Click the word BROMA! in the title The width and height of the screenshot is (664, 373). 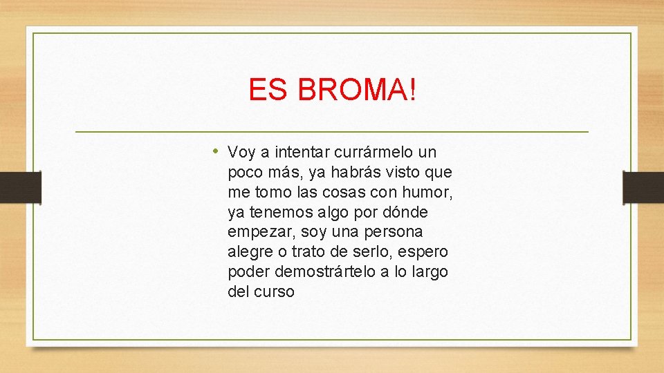(358, 90)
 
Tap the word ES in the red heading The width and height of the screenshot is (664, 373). (268, 90)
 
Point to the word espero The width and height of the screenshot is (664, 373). (425, 251)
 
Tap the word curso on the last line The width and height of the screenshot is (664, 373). (274, 291)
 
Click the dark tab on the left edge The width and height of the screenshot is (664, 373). (20, 187)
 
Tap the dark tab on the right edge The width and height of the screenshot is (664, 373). (643, 187)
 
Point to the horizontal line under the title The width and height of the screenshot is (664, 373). (331, 131)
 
